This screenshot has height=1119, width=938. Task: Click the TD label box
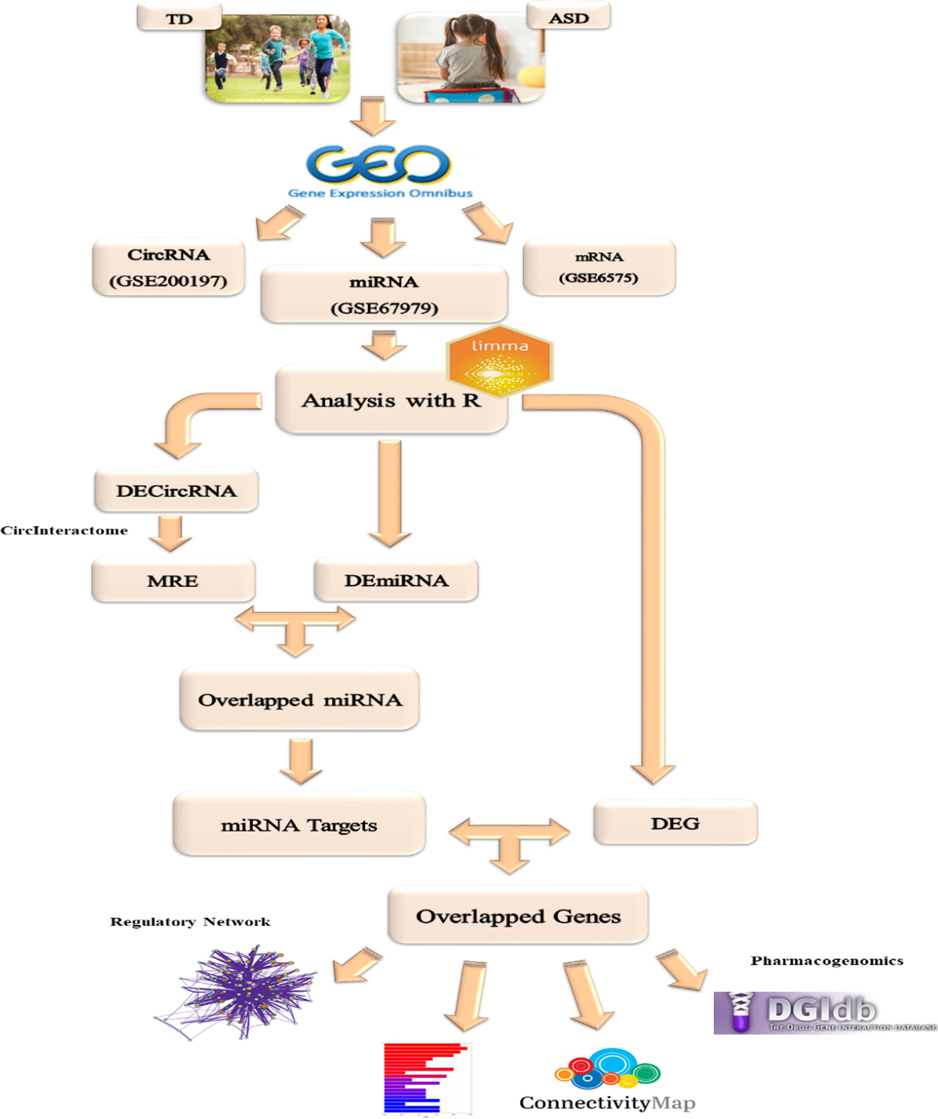pyautogui.click(x=179, y=18)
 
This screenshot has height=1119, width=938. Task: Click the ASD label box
pyautogui.click(x=568, y=17)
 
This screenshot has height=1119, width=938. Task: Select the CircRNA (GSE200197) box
pyautogui.click(x=169, y=267)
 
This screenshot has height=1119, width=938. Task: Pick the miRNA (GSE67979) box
pyautogui.click(x=384, y=294)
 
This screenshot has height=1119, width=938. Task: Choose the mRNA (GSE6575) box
pyautogui.click(x=599, y=267)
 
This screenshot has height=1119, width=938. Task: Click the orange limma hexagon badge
pyautogui.click(x=500, y=361)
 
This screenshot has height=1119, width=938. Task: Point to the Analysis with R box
pyautogui.click(x=391, y=401)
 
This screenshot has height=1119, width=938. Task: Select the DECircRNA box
pyautogui.click(x=176, y=490)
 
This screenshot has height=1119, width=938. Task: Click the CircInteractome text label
pyautogui.click(x=64, y=530)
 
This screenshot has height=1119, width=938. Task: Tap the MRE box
pyautogui.click(x=173, y=580)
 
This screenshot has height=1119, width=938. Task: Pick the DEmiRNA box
pyautogui.click(x=396, y=580)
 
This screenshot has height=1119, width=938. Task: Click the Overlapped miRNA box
pyautogui.click(x=299, y=699)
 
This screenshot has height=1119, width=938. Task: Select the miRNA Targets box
pyautogui.click(x=299, y=825)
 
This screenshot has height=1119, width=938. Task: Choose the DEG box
pyautogui.click(x=675, y=823)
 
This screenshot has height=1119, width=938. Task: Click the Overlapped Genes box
pyautogui.click(x=518, y=916)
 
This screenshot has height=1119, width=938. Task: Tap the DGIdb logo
pyautogui.click(x=825, y=1012)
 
